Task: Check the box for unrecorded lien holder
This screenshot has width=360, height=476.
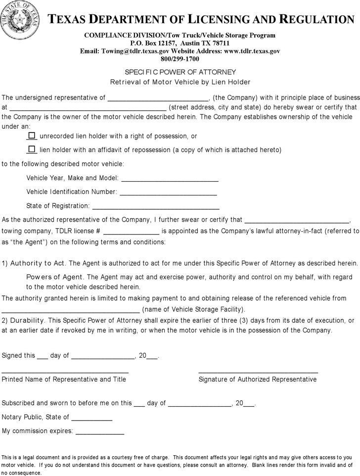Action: click(x=32, y=135)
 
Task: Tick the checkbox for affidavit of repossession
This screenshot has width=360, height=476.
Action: click(x=32, y=149)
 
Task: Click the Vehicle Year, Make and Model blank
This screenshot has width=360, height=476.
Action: click(x=170, y=179)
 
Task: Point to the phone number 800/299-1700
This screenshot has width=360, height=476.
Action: click(x=180, y=58)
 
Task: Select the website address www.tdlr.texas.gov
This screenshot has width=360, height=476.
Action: click(x=252, y=51)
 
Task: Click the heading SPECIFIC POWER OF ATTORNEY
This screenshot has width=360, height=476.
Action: click(x=180, y=72)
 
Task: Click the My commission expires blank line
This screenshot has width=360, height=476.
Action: click(x=99, y=432)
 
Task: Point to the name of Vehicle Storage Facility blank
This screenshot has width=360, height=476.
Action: click(x=71, y=310)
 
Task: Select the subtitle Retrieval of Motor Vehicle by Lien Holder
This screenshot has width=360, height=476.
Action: click(x=180, y=82)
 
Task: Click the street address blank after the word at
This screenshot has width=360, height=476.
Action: click(x=88, y=108)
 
